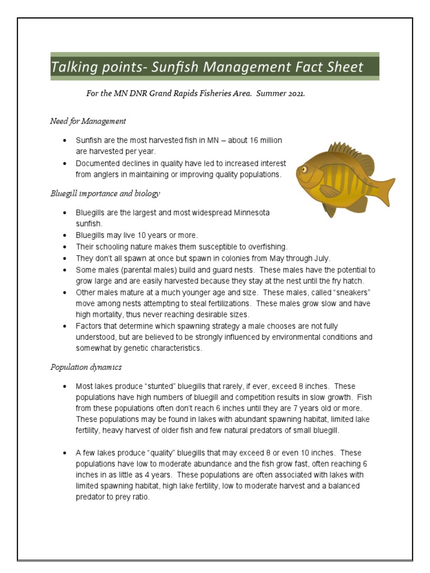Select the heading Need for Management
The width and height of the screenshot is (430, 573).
click(88, 121)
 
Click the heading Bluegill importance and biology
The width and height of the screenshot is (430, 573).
click(105, 194)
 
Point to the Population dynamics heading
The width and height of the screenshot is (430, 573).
click(86, 367)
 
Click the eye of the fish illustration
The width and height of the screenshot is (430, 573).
click(304, 168)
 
